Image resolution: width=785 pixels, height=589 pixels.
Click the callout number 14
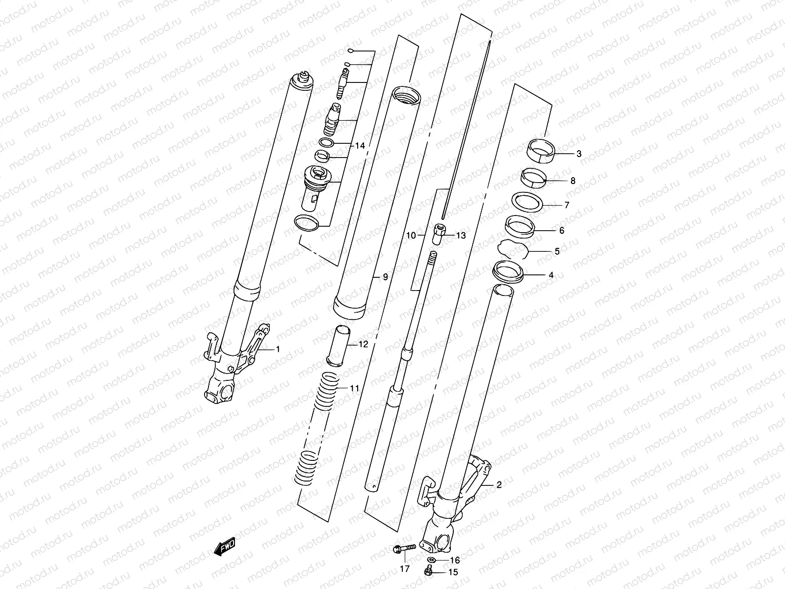coord(360,146)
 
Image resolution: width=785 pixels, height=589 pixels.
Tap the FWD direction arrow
coord(225,546)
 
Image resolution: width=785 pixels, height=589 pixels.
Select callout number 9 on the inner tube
coord(385,277)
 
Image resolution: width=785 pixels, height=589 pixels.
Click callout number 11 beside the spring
coord(354,388)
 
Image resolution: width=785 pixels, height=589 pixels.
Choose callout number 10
coord(411,236)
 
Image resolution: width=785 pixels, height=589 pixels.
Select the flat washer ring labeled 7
coord(527,202)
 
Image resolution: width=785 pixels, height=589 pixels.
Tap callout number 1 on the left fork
coord(277,349)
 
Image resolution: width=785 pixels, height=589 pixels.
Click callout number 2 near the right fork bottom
coord(499,485)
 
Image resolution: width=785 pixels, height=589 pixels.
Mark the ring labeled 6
coord(520,226)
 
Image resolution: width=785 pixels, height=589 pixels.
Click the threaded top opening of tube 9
coord(406,94)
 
